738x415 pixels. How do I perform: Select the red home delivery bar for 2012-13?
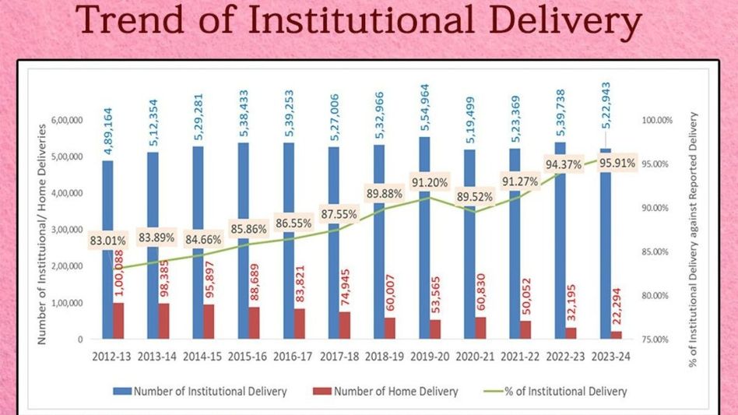click(x=118, y=320)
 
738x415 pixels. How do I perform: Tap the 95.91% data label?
click(x=616, y=164)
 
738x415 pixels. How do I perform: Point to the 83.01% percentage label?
click(x=107, y=241)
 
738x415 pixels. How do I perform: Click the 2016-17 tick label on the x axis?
click(x=289, y=356)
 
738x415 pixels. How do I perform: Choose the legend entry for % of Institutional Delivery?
click(x=573, y=391)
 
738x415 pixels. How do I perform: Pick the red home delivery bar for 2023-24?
click(x=617, y=335)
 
